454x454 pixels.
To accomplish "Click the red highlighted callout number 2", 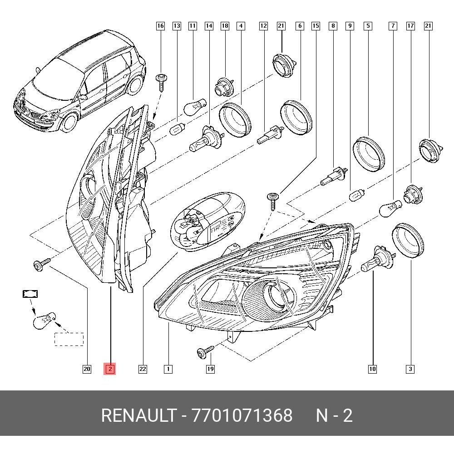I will (110, 369).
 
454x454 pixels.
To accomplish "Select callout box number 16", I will (160, 26).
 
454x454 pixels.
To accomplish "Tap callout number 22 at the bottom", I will (143, 369).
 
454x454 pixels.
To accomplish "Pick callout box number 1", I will (168, 369).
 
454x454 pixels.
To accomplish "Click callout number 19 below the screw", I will (210, 369).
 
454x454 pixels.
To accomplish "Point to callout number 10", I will (372, 369).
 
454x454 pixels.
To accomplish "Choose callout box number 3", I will (410, 369).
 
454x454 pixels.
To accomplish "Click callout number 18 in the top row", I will (225, 26).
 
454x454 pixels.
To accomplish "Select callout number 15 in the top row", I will (316, 26).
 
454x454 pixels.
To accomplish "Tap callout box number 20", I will (87, 369).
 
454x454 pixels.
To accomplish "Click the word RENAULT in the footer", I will (138, 415).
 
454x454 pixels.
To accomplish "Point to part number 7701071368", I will (242, 415).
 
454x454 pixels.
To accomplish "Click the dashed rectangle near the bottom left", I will (69, 339).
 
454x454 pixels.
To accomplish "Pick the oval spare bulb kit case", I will (207, 221).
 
